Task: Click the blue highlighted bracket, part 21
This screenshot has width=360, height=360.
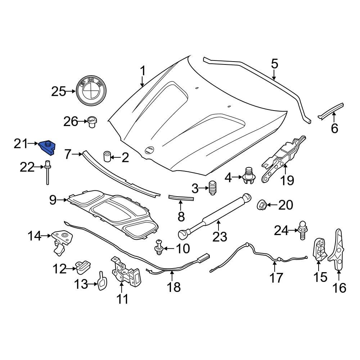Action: tap(47, 147)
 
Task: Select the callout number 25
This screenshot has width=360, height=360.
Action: tap(58, 92)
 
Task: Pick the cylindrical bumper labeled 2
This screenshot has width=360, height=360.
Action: tap(107, 157)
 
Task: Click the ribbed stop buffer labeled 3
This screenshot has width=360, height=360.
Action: tap(213, 188)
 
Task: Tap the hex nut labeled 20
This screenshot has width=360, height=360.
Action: tap(261, 206)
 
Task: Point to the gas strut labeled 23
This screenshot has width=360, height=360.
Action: tap(215, 216)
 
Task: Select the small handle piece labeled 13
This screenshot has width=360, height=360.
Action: tap(102, 280)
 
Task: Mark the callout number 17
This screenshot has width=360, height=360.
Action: tap(276, 278)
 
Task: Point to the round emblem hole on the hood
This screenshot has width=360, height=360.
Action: tap(149, 150)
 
